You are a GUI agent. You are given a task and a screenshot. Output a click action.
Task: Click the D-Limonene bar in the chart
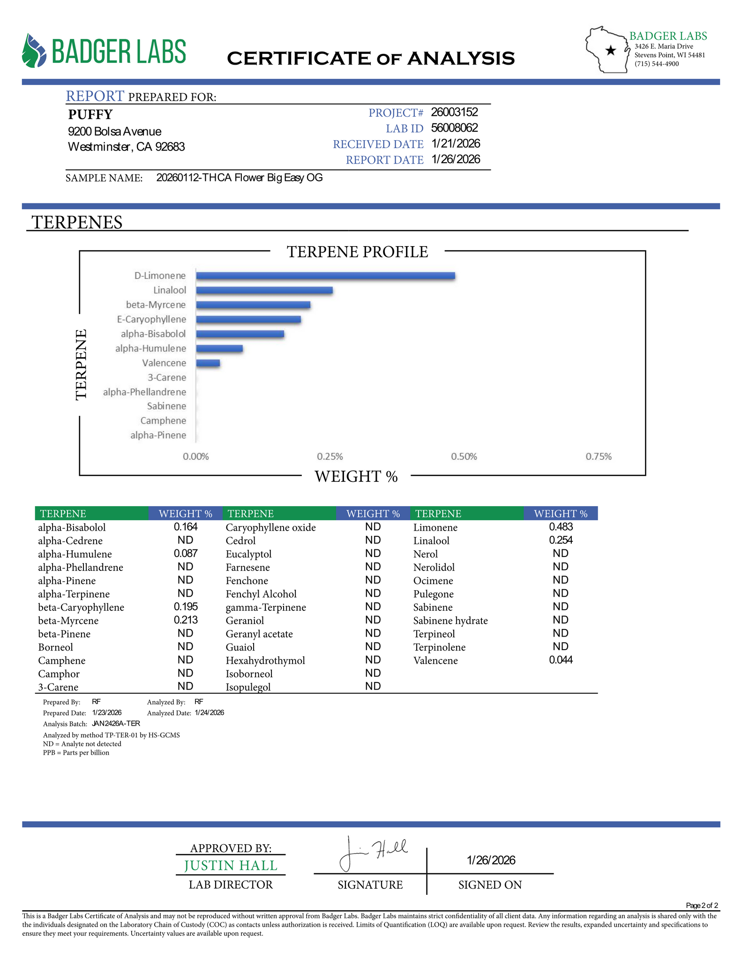coord(325,276)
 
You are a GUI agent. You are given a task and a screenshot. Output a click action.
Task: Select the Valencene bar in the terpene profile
coord(208,363)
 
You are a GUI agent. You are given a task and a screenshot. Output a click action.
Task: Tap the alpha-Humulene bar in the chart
coord(219,348)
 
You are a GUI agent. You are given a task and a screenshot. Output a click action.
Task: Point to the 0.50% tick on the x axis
coord(464,457)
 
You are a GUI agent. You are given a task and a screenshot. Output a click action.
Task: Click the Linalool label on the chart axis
coord(170,290)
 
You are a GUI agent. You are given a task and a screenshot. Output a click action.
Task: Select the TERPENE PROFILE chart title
coord(357,252)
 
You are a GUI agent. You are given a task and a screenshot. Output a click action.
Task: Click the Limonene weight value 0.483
coord(561,527)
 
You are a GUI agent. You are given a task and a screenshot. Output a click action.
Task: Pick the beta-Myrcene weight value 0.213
coord(186,620)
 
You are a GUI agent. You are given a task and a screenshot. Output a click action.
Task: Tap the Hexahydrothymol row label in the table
coord(265,660)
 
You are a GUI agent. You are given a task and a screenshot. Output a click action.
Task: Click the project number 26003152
coord(454,112)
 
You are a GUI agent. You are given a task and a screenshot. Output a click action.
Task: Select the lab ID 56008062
coord(454,128)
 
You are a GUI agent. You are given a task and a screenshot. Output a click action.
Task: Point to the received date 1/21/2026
coord(456,143)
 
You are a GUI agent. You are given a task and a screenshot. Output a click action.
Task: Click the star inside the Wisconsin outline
coord(610,51)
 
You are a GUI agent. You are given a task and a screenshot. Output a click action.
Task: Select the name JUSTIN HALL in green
coord(231,865)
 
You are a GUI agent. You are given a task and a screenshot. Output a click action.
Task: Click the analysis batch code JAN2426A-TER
coord(116,723)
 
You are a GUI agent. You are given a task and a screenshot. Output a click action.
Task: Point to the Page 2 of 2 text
coord(702,905)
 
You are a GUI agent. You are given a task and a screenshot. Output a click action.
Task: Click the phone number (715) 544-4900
coord(657,64)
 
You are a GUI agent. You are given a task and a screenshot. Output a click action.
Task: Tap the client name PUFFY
coord(90,114)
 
